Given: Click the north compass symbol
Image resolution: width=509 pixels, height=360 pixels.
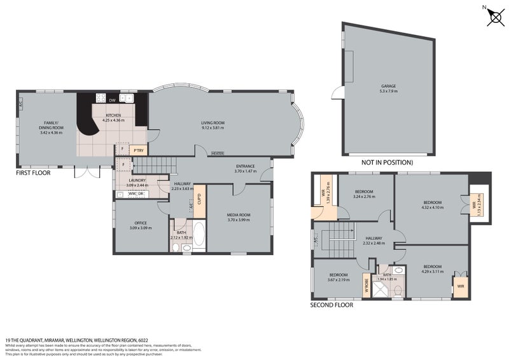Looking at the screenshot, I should [x=494, y=17].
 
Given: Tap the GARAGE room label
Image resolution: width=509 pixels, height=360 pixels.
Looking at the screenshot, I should [x=389, y=87].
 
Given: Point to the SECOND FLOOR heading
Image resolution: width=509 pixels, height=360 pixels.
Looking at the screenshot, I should [x=331, y=305].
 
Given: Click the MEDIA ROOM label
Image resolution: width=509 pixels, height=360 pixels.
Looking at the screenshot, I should [x=239, y=215].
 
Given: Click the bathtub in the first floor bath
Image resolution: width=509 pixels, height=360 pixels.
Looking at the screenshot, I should [x=199, y=234].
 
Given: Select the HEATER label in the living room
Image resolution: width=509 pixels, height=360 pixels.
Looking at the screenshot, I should [x=218, y=153].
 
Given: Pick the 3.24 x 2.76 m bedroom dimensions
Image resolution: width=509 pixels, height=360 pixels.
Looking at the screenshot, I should [x=364, y=197].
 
